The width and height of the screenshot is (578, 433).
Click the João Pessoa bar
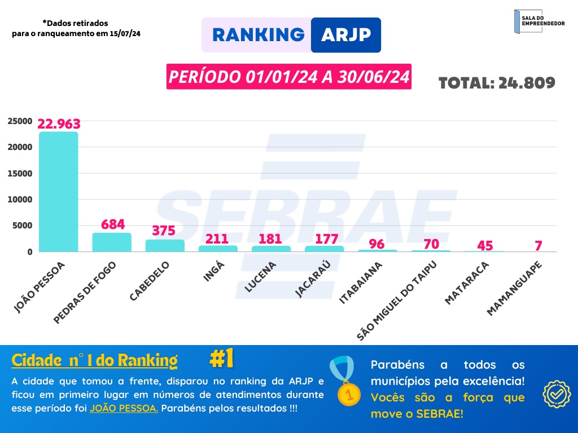tap(58, 192)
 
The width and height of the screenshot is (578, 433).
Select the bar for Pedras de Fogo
tap(112, 242)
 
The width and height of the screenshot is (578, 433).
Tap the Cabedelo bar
tap(165, 246)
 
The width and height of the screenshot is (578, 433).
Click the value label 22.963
tap(59, 123)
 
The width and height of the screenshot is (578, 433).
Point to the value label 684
tap(113, 224)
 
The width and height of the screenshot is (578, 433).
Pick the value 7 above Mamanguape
tap(538, 245)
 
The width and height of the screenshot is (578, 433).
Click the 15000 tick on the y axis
tap(19, 173)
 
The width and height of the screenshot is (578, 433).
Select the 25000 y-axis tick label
tap(19, 121)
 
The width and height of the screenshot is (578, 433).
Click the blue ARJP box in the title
tap(345, 35)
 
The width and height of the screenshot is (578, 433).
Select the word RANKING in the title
tap(258, 35)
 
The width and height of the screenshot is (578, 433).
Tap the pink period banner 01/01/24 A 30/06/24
tap(288, 77)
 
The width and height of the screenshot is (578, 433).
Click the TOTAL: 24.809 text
tap(497, 83)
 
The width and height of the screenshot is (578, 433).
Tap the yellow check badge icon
tap(557, 394)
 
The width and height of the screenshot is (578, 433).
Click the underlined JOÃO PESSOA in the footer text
tap(124, 408)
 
